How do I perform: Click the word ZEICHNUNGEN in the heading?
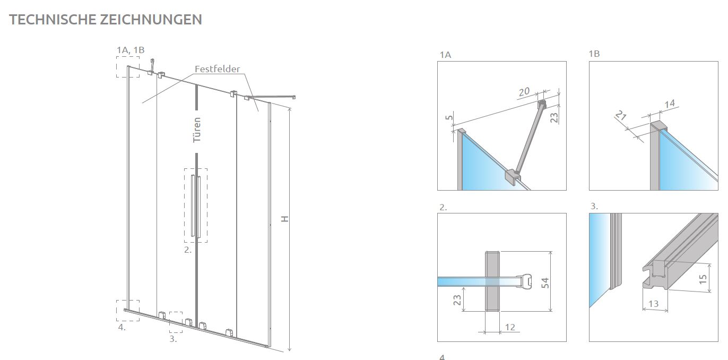click(x=151, y=20)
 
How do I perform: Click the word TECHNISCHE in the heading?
click(x=53, y=20)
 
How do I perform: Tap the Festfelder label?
click(x=217, y=69)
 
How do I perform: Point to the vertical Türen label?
click(x=197, y=130)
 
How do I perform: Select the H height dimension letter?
click(x=285, y=219)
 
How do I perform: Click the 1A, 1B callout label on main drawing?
click(x=131, y=50)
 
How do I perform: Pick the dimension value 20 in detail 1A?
click(x=524, y=92)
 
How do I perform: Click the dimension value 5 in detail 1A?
click(x=449, y=117)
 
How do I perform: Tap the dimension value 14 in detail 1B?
click(x=670, y=104)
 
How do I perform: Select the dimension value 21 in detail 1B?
click(x=621, y=115)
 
